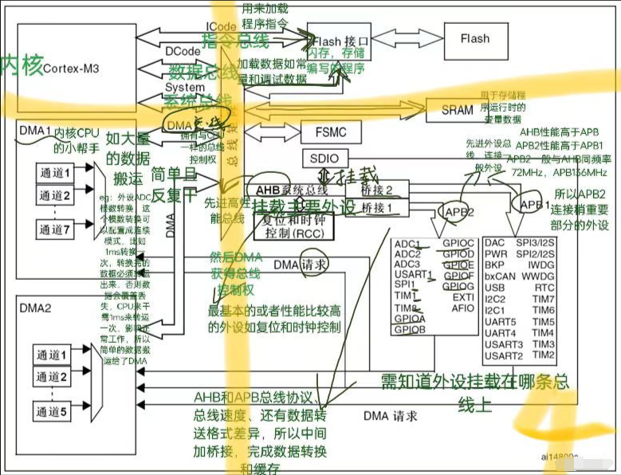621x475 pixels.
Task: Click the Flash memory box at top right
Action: [475, 38]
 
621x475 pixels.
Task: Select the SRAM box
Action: [457, 110]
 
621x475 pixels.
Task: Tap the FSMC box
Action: [324, 132]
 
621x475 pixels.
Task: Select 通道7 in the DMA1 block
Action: [56, 230]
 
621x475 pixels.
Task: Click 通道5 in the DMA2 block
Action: [55, 411]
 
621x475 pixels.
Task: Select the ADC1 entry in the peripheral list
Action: [407, 243]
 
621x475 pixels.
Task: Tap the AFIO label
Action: [462, 308]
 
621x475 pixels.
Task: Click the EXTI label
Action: [462, 297]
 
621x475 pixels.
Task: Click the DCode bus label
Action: [183, 50]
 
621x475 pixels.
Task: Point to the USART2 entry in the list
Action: [502, 355]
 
